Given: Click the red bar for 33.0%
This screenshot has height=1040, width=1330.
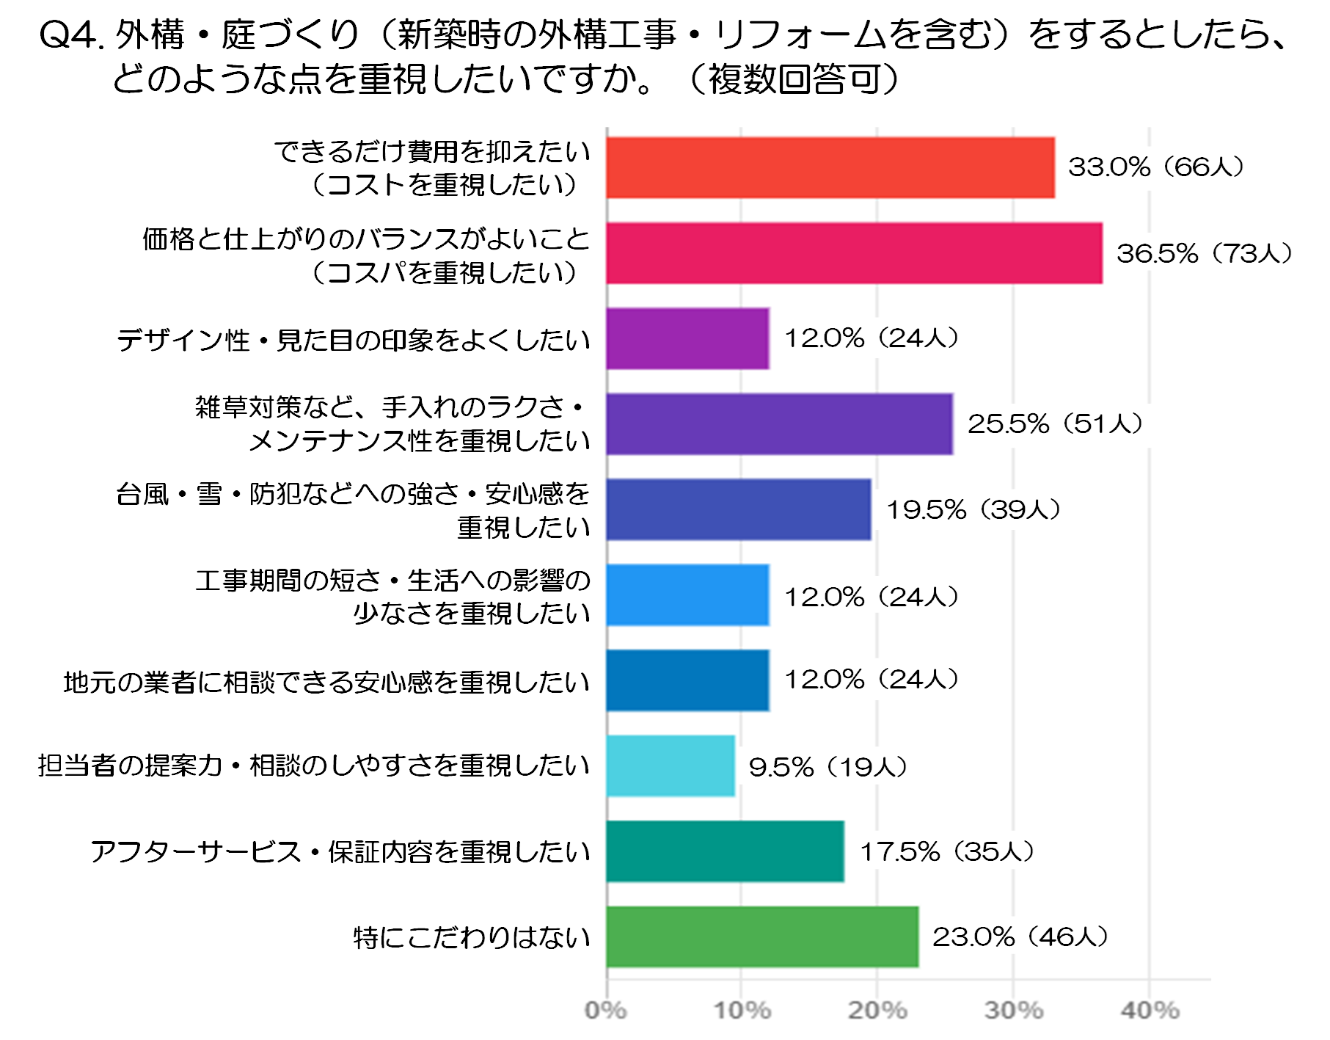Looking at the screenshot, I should (x=830, y=167).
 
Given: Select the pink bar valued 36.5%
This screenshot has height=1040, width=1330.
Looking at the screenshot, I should (x=854, y=253).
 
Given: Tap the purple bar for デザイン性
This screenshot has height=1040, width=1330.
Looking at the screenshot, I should (x=687, y=338).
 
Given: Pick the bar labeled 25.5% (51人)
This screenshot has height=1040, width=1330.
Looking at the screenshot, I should (x=779, y=424).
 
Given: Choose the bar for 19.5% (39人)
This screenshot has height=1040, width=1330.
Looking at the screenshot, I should (x=739, y=509).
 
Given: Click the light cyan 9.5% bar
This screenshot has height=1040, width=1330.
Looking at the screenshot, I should (x=671, y=766).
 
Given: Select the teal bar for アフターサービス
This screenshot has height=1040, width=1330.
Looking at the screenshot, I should (x=725, y=851).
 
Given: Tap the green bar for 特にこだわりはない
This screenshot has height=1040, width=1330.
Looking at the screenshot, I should (x=762, y=937).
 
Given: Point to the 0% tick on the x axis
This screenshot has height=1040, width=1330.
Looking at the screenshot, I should (x=606, y=1011).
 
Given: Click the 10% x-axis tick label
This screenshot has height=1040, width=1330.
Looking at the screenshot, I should (x=742, y=1011).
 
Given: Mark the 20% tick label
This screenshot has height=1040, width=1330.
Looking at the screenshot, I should (x=877, y=1011).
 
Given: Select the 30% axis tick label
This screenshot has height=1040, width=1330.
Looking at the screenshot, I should (x=1013, y=1011).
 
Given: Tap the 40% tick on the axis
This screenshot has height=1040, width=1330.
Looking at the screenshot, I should (x=1150, y=1011).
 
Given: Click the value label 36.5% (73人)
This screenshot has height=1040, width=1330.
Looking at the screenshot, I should (x=1204, y=254).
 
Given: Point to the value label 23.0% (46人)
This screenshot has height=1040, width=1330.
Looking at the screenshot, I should (x=1020, y=937).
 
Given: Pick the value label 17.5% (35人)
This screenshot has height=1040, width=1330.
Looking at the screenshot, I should (x=946, y=852).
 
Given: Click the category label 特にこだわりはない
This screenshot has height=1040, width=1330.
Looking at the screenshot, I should (x=472, y=937).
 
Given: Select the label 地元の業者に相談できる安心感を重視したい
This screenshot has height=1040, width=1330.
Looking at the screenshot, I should (x=326, y=683).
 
